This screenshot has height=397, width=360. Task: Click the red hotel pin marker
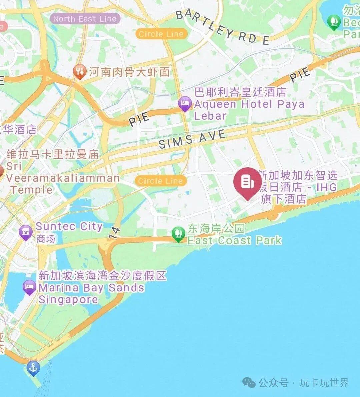247,182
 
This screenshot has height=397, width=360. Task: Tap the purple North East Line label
85,19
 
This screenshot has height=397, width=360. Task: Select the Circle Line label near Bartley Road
161,34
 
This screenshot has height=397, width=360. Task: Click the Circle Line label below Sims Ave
160,181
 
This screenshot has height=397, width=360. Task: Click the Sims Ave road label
192,139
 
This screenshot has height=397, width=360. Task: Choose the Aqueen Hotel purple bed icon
185,104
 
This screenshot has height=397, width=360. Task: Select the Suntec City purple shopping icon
26,232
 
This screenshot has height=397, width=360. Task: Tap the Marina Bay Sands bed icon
30,287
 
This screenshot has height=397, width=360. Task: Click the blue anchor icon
33,368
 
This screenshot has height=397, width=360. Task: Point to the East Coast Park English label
234,240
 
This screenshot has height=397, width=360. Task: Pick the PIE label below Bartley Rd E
300,75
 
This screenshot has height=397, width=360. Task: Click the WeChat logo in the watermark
249,382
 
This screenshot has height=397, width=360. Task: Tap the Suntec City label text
69,226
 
